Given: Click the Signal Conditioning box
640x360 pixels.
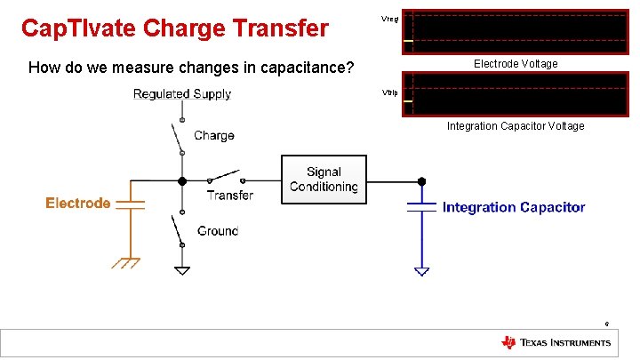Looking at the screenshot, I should point(324,180).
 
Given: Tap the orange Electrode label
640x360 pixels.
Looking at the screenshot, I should point(78,204).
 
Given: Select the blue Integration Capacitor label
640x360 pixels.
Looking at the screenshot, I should point(514,207).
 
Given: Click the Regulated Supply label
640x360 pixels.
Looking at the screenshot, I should point(182,94).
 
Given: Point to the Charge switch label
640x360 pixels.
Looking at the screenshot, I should point(214,136).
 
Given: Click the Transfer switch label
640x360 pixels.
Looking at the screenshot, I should point(229,196).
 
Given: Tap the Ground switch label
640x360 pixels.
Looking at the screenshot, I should point(218,230).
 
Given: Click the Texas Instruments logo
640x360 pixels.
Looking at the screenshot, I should point(556,343).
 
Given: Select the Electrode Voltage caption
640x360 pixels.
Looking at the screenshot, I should point(516,64).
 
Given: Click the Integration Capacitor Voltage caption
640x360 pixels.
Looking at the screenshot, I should point(516,126).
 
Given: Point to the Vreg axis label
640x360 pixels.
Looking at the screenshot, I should point(389,18).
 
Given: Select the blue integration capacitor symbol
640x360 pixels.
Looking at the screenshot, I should point(421,207).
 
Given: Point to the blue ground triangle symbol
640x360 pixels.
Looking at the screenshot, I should point(421,270).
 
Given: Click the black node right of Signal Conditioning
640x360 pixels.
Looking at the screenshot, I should point(421,180).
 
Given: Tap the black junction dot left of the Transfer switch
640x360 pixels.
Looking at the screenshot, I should point(182,180).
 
